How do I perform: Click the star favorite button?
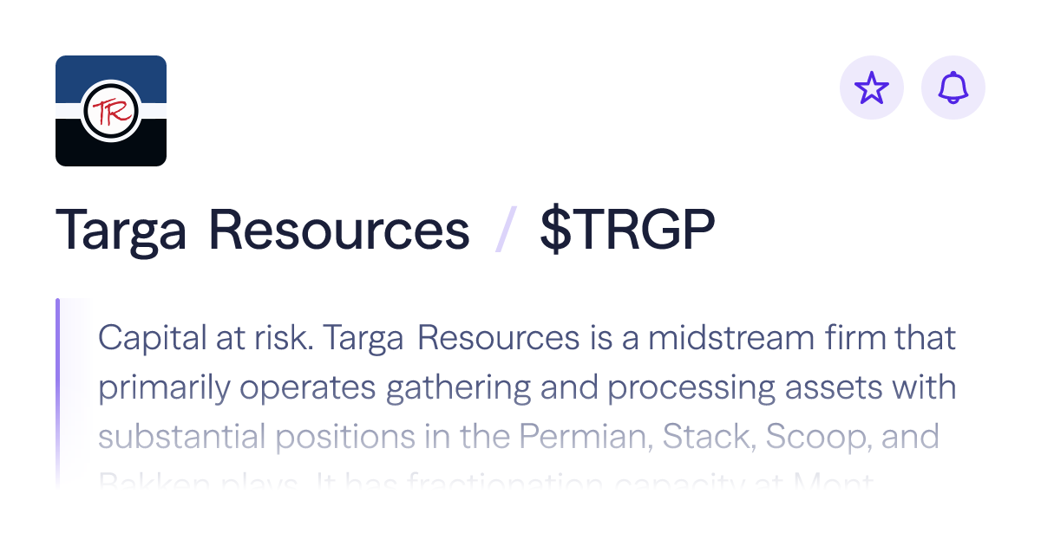872,88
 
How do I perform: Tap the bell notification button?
953,88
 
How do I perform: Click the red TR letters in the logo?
110,112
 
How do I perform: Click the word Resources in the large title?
339,231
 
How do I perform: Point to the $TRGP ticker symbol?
627,231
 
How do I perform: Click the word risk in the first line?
284,337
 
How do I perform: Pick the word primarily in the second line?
163,387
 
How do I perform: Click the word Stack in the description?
701,436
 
